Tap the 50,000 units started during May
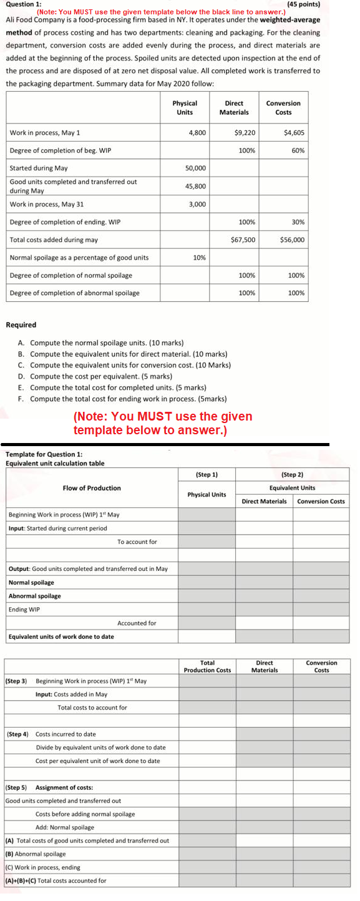tap(195, 168)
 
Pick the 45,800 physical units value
tap(195, 186)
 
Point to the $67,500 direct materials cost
tap(243, 240)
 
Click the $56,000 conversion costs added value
tap(292, 240)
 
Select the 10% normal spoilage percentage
tap(199, 258)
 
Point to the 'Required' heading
tap(21, 325)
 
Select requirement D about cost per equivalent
tap(100, 376)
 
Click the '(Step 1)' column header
tap(207, 475)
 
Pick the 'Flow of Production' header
tap(92, 488)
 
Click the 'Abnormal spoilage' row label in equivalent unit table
tap(35, 596)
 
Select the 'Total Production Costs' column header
tap(207, 666)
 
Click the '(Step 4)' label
tap(17, 734)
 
